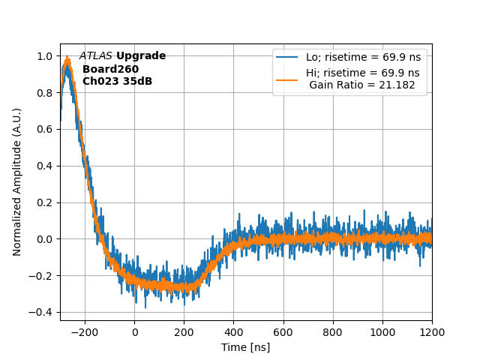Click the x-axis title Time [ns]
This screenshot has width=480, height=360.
(x=245, y=347)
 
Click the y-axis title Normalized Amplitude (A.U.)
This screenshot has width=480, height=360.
(x=17, y=181)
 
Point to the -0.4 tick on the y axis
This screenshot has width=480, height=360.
(x=43, y=312)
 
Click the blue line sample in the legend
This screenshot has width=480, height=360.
(x=287, y=57)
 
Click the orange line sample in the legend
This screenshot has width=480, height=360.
(x=287, y=73)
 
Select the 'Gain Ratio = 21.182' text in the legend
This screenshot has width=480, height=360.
(x=362, y=85)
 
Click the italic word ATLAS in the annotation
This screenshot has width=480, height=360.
(x=96, y=56)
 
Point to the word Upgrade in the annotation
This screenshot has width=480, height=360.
(x=141, y=56)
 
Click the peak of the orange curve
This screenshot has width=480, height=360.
(x=67, y=58)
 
